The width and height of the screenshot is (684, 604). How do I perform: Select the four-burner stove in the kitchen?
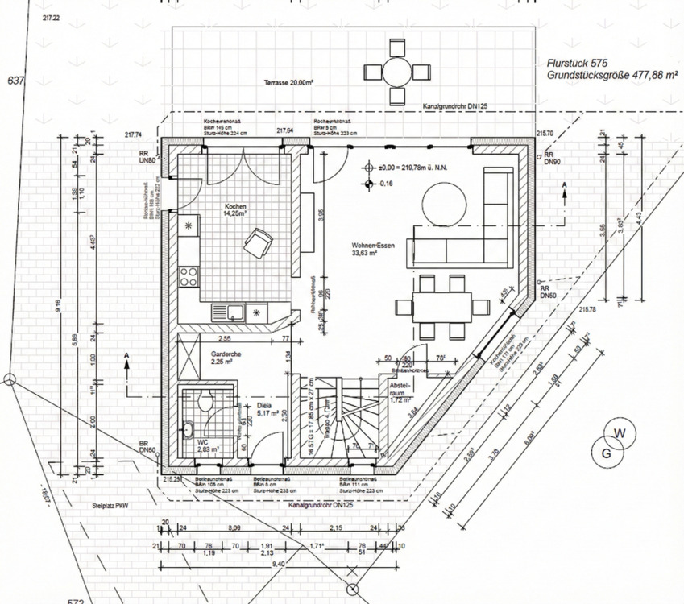(x=189, y=276)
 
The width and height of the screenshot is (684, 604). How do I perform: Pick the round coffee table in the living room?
(x=441, y=202)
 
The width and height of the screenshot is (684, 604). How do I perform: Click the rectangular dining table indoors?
(x=442, y=306)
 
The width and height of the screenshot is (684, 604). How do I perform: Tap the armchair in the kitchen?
(x=259, y=242)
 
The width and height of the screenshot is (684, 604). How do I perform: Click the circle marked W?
(x=619, y=434)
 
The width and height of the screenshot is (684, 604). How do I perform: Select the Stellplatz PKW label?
(x=110, y=507)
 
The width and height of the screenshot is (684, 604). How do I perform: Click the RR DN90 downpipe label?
(x=552, y=158)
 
